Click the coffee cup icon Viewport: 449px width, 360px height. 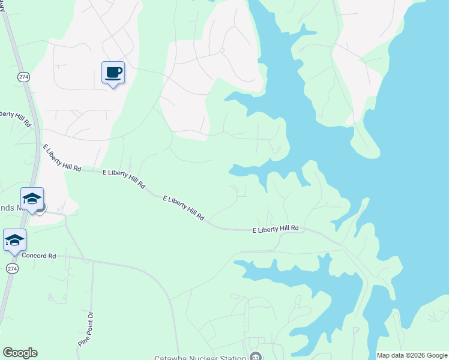[x=113, y=73]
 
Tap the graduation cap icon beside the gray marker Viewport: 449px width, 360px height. [x=32, y=199]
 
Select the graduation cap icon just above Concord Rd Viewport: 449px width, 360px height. [x=14, y=240]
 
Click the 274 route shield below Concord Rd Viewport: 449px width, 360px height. [x=11, y=268]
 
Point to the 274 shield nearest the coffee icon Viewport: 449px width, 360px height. [x=23, y=77]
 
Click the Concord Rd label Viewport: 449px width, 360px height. [x=38, y=256]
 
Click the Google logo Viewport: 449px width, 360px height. [x=20, y=353]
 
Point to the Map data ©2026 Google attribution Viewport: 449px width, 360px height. [x=412, y=355]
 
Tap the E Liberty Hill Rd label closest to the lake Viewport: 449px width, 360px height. [x=276, y=230]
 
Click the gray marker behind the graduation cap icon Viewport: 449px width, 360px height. [x=40, y=208]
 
